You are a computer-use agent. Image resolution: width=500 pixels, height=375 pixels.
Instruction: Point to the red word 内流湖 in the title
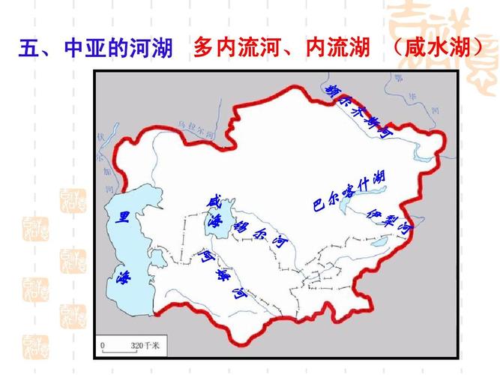point(338,49)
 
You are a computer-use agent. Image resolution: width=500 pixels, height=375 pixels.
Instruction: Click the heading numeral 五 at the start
point(28,49)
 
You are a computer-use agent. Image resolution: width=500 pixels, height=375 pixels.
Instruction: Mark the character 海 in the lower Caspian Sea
point(124,277)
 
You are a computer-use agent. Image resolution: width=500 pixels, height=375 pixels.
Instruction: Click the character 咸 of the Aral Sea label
point(214,202)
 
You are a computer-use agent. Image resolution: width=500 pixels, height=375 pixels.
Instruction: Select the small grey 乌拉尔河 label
point(196,128)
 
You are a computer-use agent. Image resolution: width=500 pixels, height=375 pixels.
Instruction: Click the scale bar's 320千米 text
point(145,345)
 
